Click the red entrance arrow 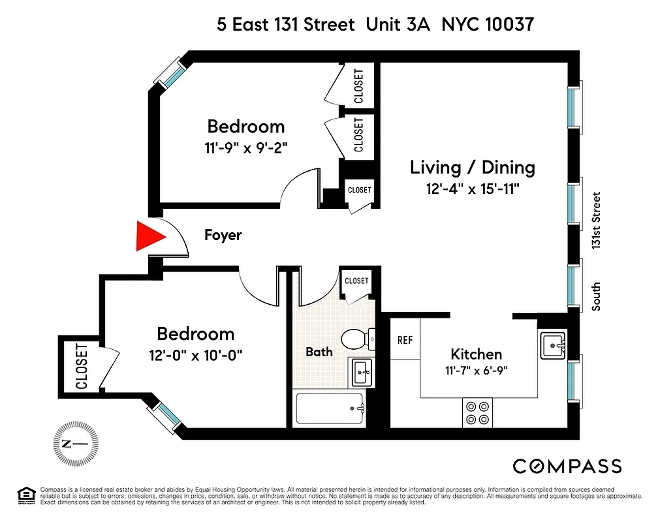coord(148,237)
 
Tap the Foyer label coord(223,235)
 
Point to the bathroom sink coord(361,372)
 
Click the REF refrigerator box coord(405,339)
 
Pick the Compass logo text coord(567,466)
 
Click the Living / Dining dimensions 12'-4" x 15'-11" coord(472,189)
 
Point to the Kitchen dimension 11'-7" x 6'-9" coord(477,370)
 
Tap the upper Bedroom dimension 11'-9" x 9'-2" coord(246,147)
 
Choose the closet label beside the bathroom coord(356,281)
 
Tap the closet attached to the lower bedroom coord(81,367)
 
